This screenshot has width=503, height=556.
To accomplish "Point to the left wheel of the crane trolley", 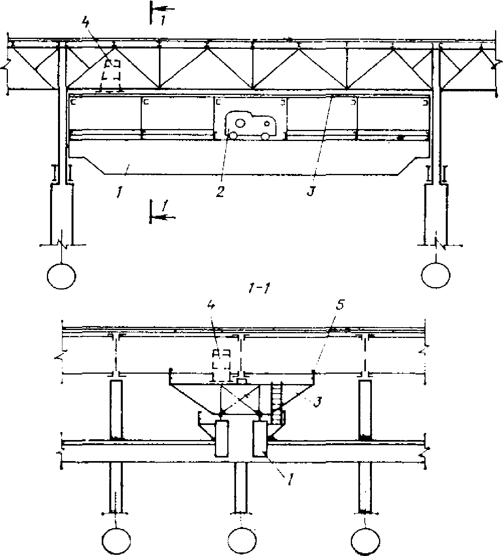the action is click(233, 135).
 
